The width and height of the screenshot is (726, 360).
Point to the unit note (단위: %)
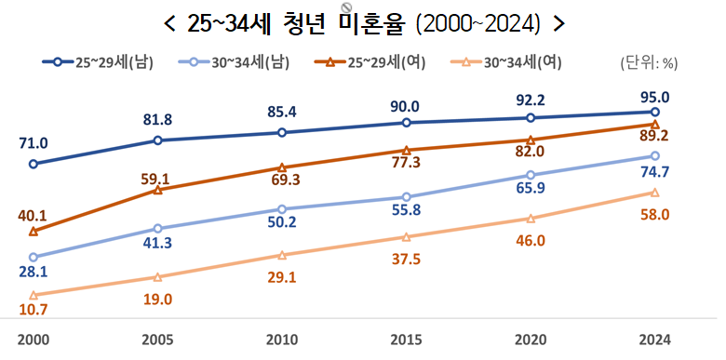[x=648, y=63]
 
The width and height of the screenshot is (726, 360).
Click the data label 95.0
[x=654, y=96]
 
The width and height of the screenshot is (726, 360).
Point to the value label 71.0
[x=33, y=142]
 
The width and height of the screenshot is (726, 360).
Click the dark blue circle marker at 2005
[x=158, y=140]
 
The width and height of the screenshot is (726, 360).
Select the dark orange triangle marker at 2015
[x=406, y=150]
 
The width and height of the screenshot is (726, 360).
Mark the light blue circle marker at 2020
[x=531, y=175]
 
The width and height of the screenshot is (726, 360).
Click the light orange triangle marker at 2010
[x=281, y=255]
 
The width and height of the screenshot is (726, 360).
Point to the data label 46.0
[x=531, y=240]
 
